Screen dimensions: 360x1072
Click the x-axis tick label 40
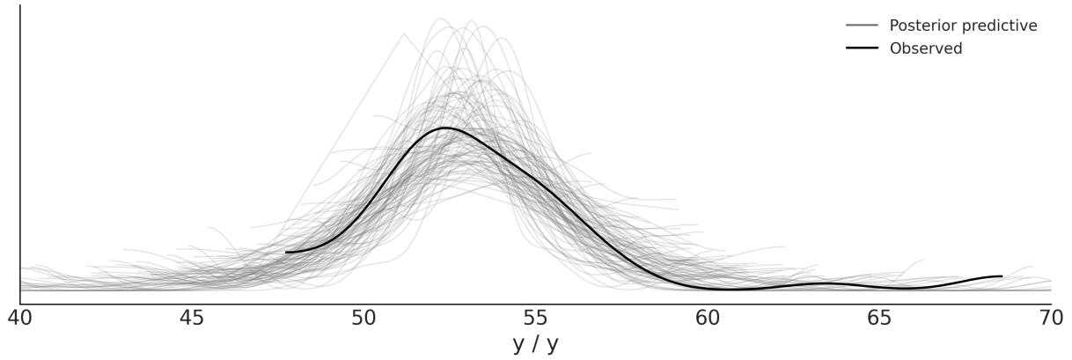pyautogui.click(x=20, y=318)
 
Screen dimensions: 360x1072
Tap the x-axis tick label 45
pyautogui.click(x=192, y=318)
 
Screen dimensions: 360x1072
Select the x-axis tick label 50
pyautogui.click(x=363, y=318)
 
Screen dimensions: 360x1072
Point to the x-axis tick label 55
pyautogui.click(x=535, y=318)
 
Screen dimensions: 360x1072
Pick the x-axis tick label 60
pyautogui.click(x=707, y=318)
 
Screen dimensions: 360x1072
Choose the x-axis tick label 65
pyautogui.click(x=878, y=318)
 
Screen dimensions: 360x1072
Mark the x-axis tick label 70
pyautogui.click(x=1050, y=318)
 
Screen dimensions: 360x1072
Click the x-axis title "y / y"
pyautogui.click(x=535, y=344)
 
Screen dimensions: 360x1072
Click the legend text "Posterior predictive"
pyautogui.click(x=963, y=26)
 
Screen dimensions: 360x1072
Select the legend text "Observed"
pyautogui.click(x=926, y=48)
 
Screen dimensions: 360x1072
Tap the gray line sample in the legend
pyautogui.click(x=862, y=26)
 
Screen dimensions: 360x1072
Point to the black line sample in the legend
pyautogui.click(x=862, y=48)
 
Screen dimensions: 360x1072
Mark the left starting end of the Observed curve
pyautogui.click(x=286, y=253)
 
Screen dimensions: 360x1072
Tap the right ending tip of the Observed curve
pyautogui.click(x=1002, y=276)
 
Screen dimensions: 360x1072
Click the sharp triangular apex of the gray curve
pyautogui.click(x=404, y=34)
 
